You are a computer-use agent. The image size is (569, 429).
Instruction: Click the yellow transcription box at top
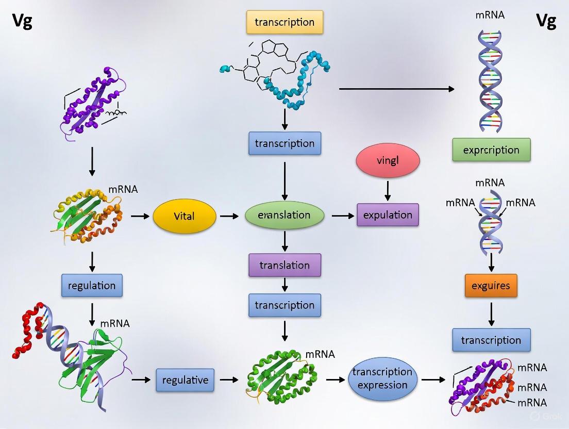coord(284,22)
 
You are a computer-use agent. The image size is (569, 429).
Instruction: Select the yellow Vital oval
coord(184,216)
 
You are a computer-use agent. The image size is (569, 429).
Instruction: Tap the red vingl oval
coord(388,160)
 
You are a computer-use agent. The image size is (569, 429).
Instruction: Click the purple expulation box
coord(388,215)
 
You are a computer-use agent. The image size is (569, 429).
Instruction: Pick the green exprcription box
coord(491,150)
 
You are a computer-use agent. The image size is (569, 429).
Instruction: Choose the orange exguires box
coord(491,285)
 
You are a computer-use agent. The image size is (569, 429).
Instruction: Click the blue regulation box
coord(92,285)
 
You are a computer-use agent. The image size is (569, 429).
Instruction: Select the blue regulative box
coord(185,380)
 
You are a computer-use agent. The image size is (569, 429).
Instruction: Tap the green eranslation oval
coord(284,215)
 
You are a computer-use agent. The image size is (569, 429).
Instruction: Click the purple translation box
coord(284,265)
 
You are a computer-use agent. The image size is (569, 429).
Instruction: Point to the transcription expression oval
coord(382,378)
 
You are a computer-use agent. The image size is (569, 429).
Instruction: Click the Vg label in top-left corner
coord(22,22)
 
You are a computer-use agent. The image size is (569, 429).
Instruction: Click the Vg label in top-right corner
coord(546,22)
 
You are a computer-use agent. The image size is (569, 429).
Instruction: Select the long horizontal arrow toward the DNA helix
coord(397,89)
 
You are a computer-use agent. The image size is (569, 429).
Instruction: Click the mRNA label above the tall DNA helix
coord(490,15)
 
